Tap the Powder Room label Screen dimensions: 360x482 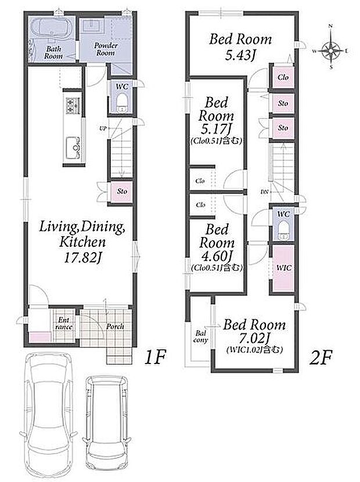pyautogui.click(x=106, y=49)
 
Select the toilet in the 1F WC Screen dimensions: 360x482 pyautogui.click(x=123, y=103)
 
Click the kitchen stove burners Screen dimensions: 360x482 pyautogui.click(x=73, y=105)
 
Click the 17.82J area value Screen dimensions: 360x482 pyautogui.click(x=82, y=257)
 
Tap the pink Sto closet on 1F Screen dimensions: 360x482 pyautogui.click(x=122, y=191)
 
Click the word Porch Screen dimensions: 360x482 pyautogui.click(x=115, y=326)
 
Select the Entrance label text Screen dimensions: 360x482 pyautogui.click(x=64, y=323)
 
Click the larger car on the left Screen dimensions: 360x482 pyautogui.click(x=48, y=415)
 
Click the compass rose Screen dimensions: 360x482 pyautogui.click(x=331, y=50)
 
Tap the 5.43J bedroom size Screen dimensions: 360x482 pyautogui.click(x=241, y=56)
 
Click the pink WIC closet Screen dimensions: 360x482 pyautogui.click(x=284, y=268)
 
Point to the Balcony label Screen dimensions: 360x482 pyautogui.click(x=201, y=337)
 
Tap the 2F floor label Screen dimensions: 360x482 pyautogui.click(x=321, y=358)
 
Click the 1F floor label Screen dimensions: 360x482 pyautogui.click(x=155, y=358)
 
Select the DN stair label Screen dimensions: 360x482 pyautogui.click(x=264, y=192)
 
